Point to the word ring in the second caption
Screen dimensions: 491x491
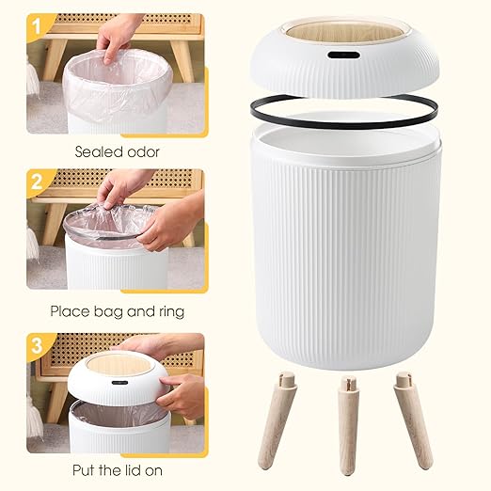tap(169, 310)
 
